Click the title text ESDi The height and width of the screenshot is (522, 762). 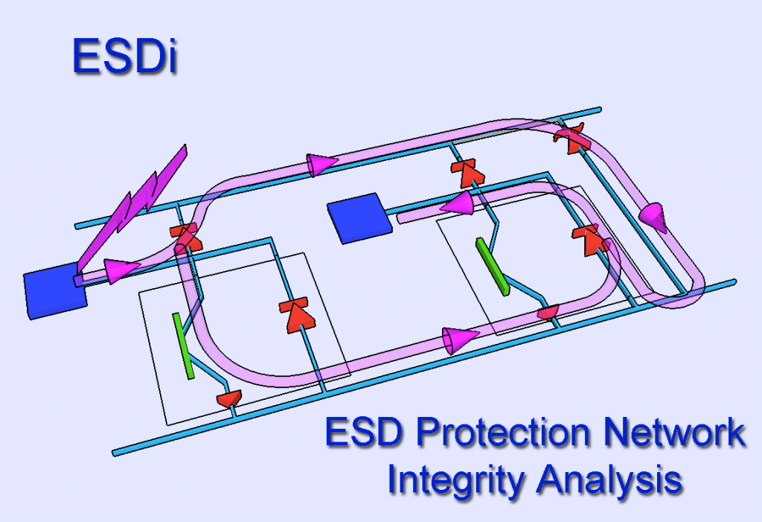tap(124, 57)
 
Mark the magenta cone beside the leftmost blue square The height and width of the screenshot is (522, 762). tap(122, 270)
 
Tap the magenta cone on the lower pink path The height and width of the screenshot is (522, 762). tap(459, 340)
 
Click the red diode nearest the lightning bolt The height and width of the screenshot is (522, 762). tap(185, 237)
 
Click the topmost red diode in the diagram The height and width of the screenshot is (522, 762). tap(571, 139)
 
